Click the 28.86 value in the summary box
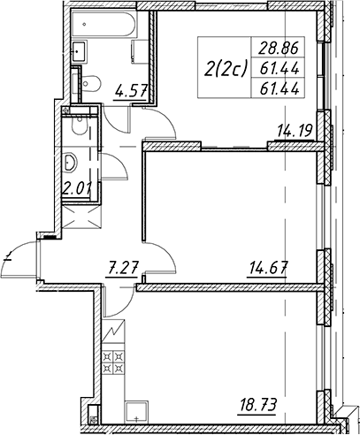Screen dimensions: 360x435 point(279,48)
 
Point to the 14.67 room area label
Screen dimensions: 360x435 point(268,268)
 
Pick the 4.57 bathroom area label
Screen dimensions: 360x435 point(130,92)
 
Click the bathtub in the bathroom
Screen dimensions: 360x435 point(103,24)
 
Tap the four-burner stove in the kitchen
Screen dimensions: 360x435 point(113,362)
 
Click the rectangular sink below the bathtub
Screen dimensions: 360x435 point(79,51)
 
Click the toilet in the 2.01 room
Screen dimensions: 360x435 point(79,126)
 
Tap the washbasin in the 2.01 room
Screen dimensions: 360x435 point(70,163)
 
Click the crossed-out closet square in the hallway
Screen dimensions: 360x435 point(81,217)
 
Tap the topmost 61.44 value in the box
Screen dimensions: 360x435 point(280,69)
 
